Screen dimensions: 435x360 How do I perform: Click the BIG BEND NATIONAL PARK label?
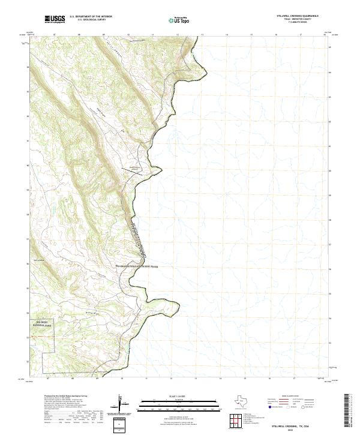pyautogui.click(x=43, y=323)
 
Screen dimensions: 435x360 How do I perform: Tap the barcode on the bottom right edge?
pyautogui.click(x=347, y=411)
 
